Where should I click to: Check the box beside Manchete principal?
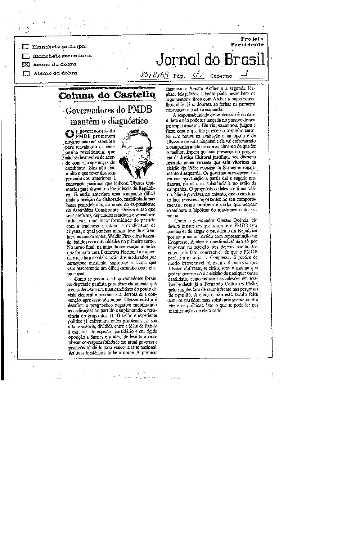tap(26, 47)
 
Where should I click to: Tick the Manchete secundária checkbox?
tap(26, 56)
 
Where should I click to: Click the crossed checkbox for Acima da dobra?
tap(26, 65)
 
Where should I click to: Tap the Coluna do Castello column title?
tap(107, 95)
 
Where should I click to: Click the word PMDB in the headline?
tap(134, 110)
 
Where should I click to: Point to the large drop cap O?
tap(69, 134)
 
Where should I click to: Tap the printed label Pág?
tap(179, 76)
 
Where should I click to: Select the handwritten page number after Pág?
tap(197, 75)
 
